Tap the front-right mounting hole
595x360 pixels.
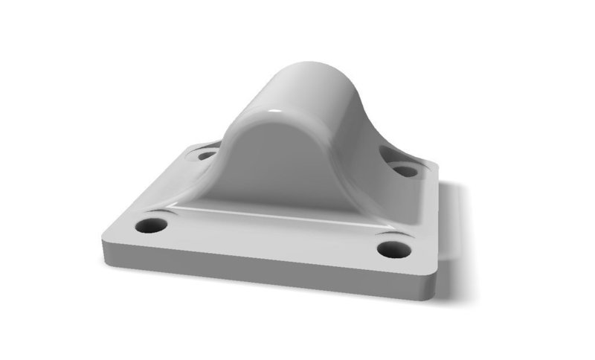(x=394, y=249)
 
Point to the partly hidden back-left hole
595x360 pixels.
(x=207, y=155)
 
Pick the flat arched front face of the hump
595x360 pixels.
(x=268, y=164)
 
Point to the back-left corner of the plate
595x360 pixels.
(x=190, y=146)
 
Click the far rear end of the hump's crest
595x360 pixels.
(x=327, y=65)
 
